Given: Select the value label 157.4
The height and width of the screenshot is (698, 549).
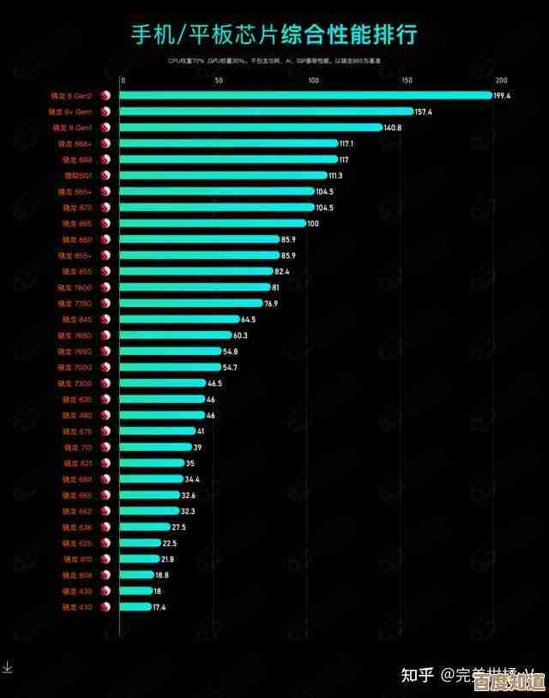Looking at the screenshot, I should coord(423,112).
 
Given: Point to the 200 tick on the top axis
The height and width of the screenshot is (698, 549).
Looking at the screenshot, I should coord(502,81).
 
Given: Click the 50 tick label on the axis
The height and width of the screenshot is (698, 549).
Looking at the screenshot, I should coord(219,81).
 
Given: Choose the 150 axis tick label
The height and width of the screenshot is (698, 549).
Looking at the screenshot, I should coord(407,81).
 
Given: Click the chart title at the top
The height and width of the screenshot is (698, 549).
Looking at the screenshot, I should coord(274,34).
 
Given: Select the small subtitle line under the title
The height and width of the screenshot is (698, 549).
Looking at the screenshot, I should coord(274,61).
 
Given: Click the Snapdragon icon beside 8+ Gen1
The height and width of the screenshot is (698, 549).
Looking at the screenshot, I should coord(106,112).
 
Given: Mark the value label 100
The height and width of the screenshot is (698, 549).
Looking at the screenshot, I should coord(312,224).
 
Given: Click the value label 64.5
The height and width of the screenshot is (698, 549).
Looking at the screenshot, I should coord(248,319).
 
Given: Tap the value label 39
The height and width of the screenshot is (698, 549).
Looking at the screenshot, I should coord(197,447).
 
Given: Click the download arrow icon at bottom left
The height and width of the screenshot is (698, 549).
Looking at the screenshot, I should coord(7,666).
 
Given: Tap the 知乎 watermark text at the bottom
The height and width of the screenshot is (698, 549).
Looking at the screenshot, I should coord(419,675).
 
